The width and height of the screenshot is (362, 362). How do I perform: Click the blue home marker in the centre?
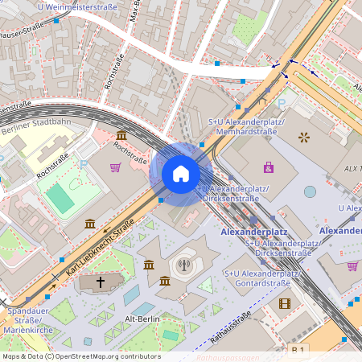181,174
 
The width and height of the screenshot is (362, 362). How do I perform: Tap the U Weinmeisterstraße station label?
76,7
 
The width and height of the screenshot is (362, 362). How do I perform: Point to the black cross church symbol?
101,282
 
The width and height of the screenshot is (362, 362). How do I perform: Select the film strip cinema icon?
284,303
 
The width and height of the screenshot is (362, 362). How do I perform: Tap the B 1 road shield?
298,349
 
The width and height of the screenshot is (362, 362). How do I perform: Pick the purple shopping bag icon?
268,167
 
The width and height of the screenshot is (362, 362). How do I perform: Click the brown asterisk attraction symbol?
304,137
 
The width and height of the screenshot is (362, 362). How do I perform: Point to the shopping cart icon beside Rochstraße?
116,167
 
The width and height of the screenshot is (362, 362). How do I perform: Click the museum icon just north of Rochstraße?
121,134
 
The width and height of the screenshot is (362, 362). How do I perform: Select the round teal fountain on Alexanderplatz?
310,191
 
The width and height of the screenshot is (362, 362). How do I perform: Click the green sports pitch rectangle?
60,197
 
